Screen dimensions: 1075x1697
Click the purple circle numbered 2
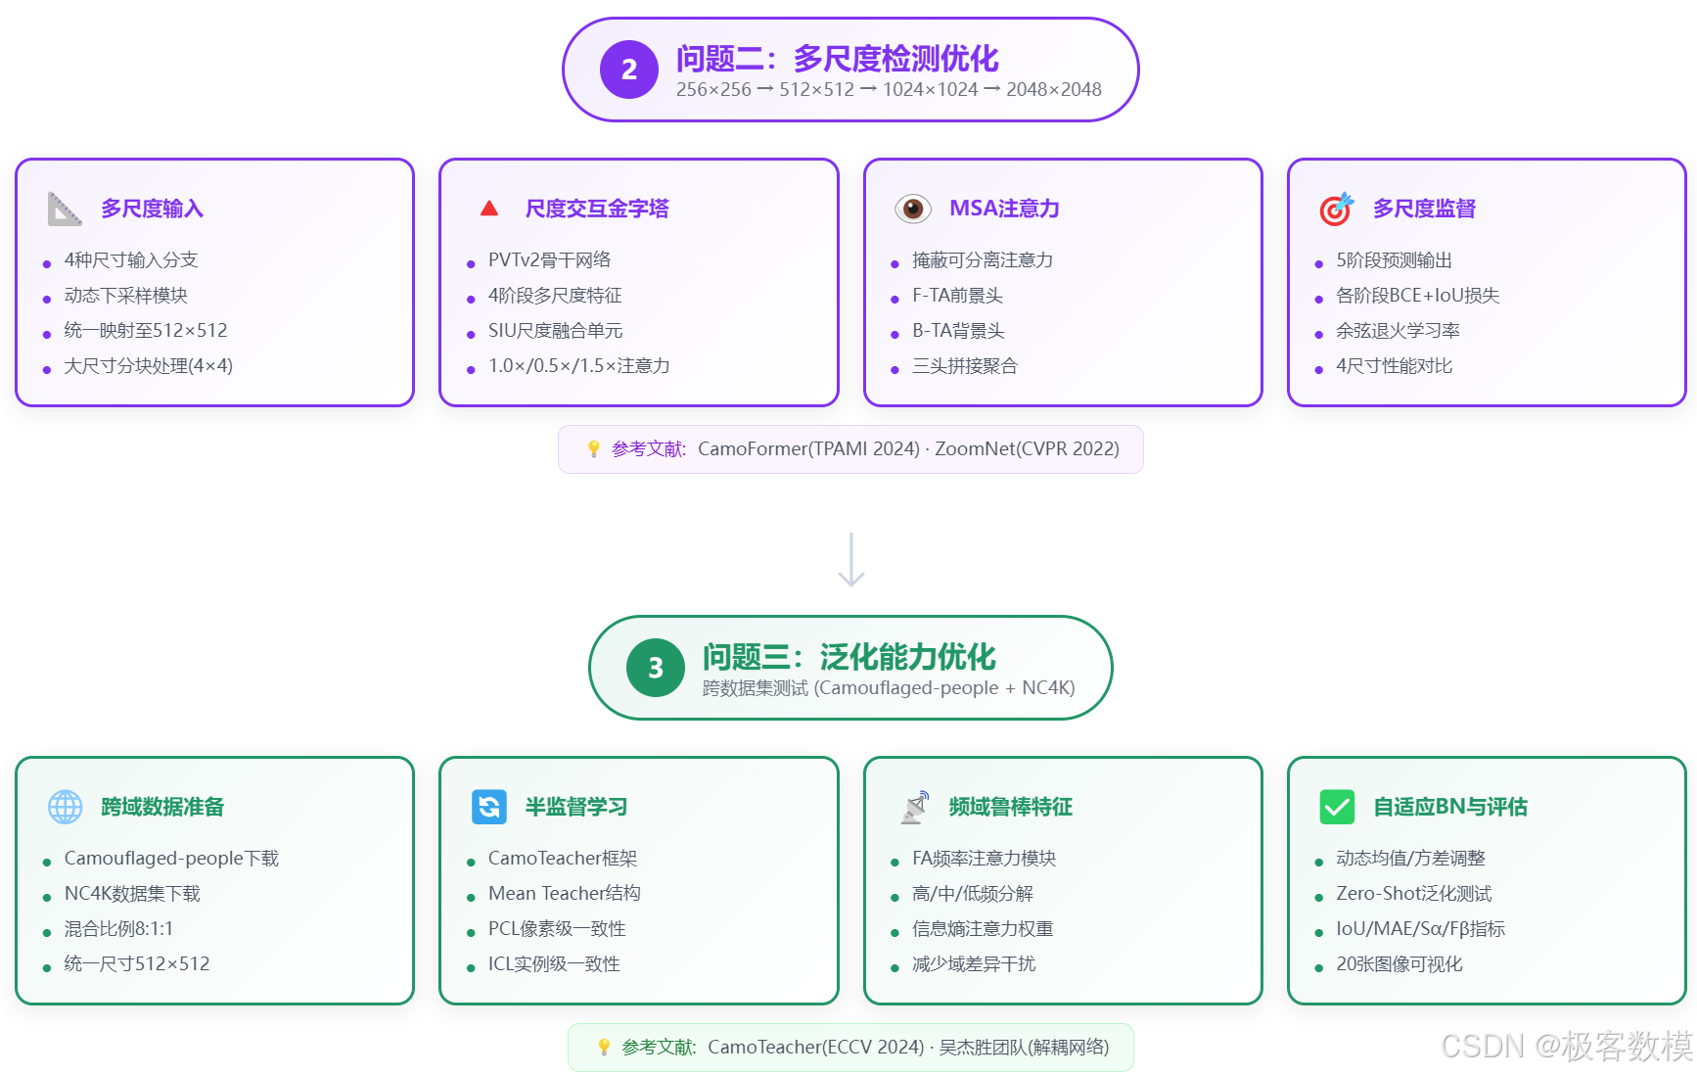point(628,70)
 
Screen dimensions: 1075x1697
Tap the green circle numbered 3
point(655,668)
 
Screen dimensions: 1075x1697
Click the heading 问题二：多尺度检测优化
point(837,59)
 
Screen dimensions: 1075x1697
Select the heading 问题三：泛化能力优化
point(848,657)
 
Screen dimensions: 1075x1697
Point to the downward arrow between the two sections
point(851,560)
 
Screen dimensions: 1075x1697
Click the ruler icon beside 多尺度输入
point(65,209)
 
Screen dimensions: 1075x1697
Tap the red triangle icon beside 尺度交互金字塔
point(489,209)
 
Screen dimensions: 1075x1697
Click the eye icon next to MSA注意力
point(912,209)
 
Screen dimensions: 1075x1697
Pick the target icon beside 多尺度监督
point(1336,209)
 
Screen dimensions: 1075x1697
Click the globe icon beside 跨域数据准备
point(66,807)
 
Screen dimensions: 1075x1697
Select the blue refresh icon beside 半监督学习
point(489,807)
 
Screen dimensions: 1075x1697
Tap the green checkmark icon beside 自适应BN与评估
point(1337,807)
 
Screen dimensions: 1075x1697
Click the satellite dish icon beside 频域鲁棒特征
point(914,807)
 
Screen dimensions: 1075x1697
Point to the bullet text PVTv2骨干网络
point(549,260)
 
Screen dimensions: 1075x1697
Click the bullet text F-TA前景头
point(957,296)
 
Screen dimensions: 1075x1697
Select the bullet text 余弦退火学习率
point(1398,331)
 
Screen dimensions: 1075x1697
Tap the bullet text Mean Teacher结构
point(564,894)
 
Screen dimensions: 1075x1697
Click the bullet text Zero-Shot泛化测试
point(1413,894)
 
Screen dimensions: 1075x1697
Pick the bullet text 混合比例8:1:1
point(118,929)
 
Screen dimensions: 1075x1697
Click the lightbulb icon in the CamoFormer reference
point(593,448)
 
